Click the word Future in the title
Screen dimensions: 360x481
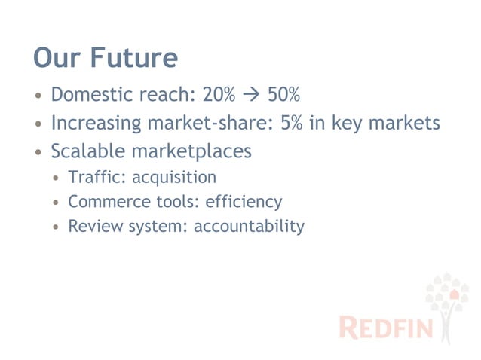point(134,58)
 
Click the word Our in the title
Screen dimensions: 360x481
point(58,58)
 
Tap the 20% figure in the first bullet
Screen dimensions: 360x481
point(219,96)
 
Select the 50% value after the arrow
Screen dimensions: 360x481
point(284,96)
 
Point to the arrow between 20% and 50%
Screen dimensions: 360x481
point(253,96)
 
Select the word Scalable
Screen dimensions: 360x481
point(86,151)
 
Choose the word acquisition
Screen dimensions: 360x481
point(174,178)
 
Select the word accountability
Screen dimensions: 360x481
point(250,226)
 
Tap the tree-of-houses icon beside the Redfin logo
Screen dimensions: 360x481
point(449,305)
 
